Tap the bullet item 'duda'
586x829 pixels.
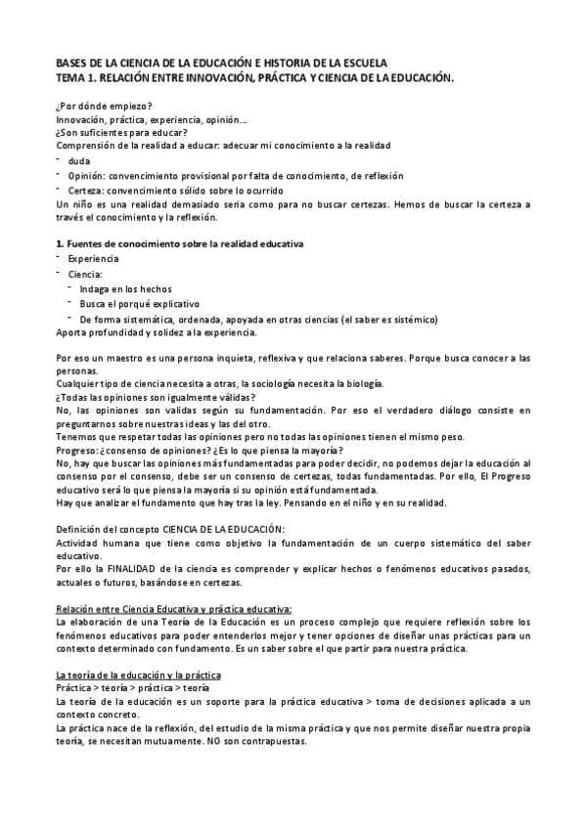pos(79,160)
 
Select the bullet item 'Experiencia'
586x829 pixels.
pos(94,259)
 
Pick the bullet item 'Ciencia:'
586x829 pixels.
pos(86,275)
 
